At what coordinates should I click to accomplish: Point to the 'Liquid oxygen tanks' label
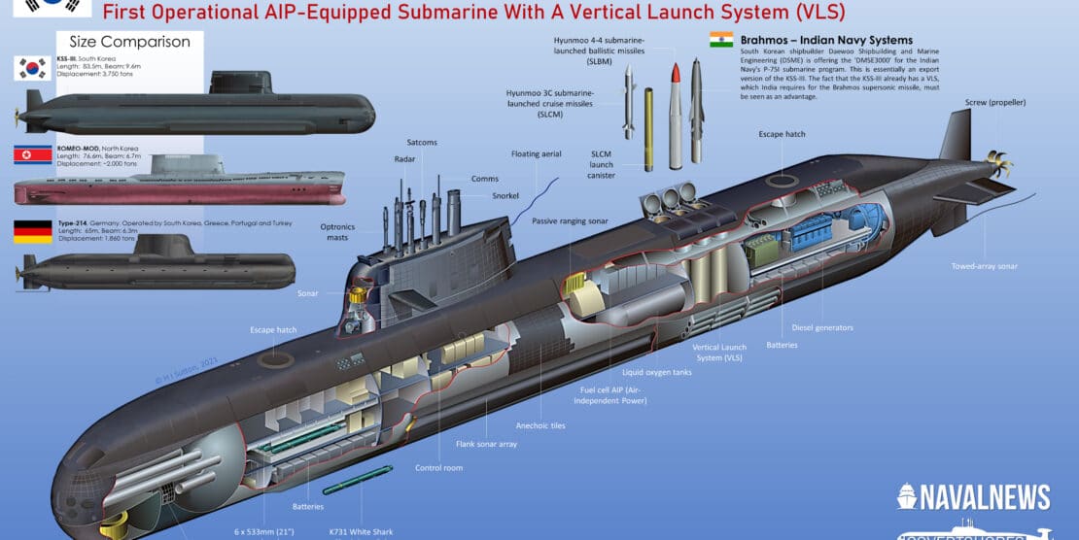point(656,371)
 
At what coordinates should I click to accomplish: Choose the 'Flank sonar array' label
point(486,444)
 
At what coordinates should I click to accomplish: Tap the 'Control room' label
point(438,467)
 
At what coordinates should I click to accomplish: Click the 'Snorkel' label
point(505,195)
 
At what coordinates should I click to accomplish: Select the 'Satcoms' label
point(422,143)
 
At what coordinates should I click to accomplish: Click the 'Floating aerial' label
point(537,154)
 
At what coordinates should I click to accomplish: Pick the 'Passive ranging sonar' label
point(570,221)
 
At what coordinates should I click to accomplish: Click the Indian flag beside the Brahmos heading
point(720,40)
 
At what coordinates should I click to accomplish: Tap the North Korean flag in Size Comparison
point(32,155)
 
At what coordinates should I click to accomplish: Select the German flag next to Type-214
point(32,232)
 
